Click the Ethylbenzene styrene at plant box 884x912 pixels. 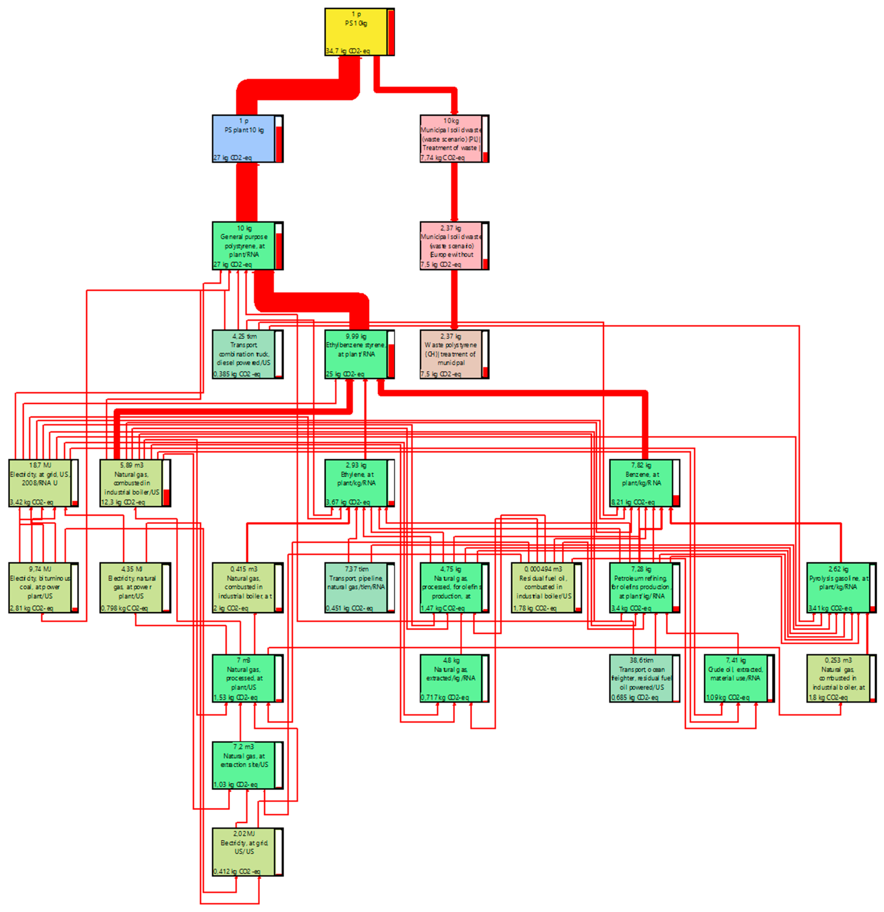(356, 354)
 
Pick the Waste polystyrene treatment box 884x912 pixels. (450, 354)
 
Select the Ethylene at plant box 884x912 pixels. (356, 483)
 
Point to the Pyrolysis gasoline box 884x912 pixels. (837, 587)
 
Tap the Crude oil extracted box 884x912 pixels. (735, 678)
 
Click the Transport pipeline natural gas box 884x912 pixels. (356, 587)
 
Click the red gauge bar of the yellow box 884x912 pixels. (391, 32)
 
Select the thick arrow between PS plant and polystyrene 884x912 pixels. (247, 192)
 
